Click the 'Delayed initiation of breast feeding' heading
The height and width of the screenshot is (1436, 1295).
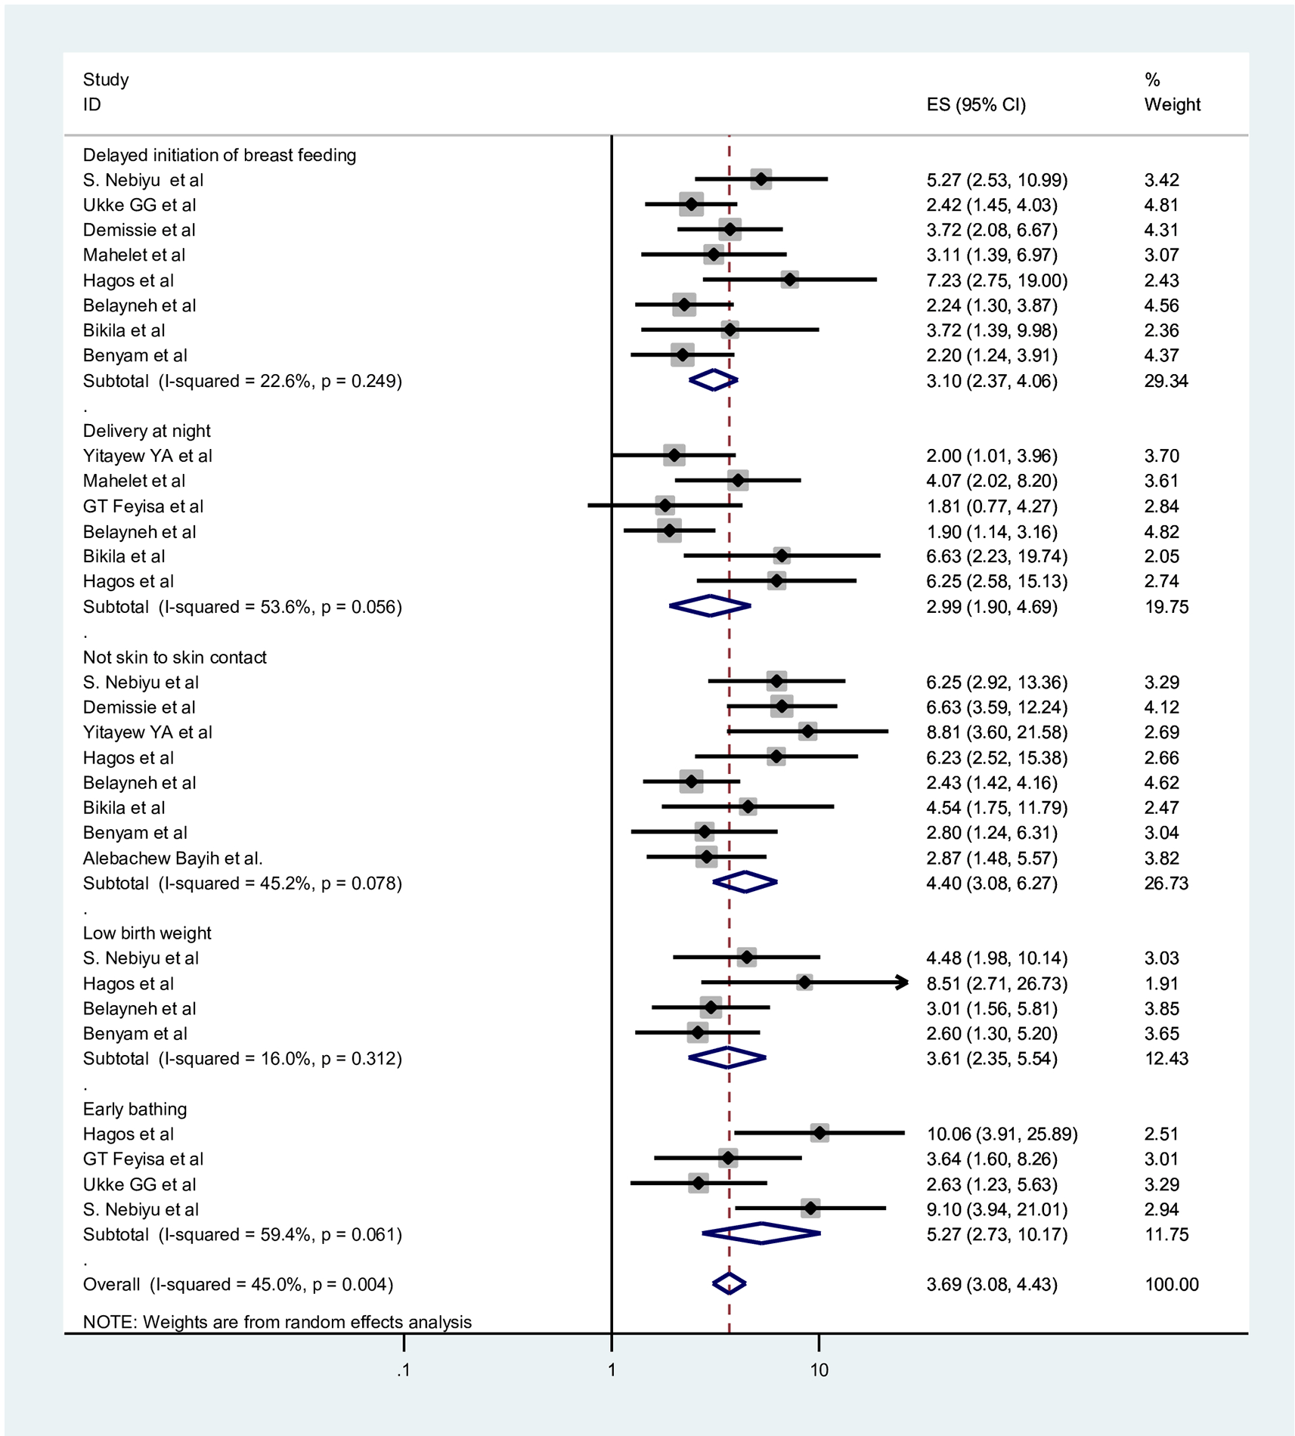click(x=219, y=155)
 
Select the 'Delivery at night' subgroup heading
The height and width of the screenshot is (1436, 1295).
click(x=147, y=431)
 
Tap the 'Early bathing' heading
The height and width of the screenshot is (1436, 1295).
click(x=135, y=1109)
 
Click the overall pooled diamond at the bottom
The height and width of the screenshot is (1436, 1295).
click(x=729, y=1283)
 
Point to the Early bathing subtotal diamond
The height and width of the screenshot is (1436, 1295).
click(x=761, y=1233)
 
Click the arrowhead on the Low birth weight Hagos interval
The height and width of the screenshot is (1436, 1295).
click(x=902, y=983)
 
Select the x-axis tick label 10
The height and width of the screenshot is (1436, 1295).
click(x=819, y=1369)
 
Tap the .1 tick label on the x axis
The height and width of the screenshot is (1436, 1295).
click(x=404, y=1369)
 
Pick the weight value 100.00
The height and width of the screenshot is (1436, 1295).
click(x=1171, y=1284)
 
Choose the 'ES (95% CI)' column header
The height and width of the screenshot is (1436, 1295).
click(x=976, y=104)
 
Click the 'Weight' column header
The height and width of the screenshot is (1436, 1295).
click(x=1172, y=104)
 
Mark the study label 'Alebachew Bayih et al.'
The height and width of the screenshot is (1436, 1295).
click(x=172, y=858)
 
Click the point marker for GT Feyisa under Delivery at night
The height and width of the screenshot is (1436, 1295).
click(x=665, y=506)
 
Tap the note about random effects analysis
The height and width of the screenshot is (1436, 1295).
click(x=277, y=1322)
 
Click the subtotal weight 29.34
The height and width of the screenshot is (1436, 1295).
click(x=1166, y=381)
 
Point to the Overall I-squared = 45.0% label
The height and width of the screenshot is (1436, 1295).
click(x=238, y=1284)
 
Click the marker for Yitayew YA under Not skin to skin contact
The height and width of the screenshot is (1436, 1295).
click(x=807, y=732)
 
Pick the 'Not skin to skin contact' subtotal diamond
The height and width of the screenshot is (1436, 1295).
click(x=745, y=882)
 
